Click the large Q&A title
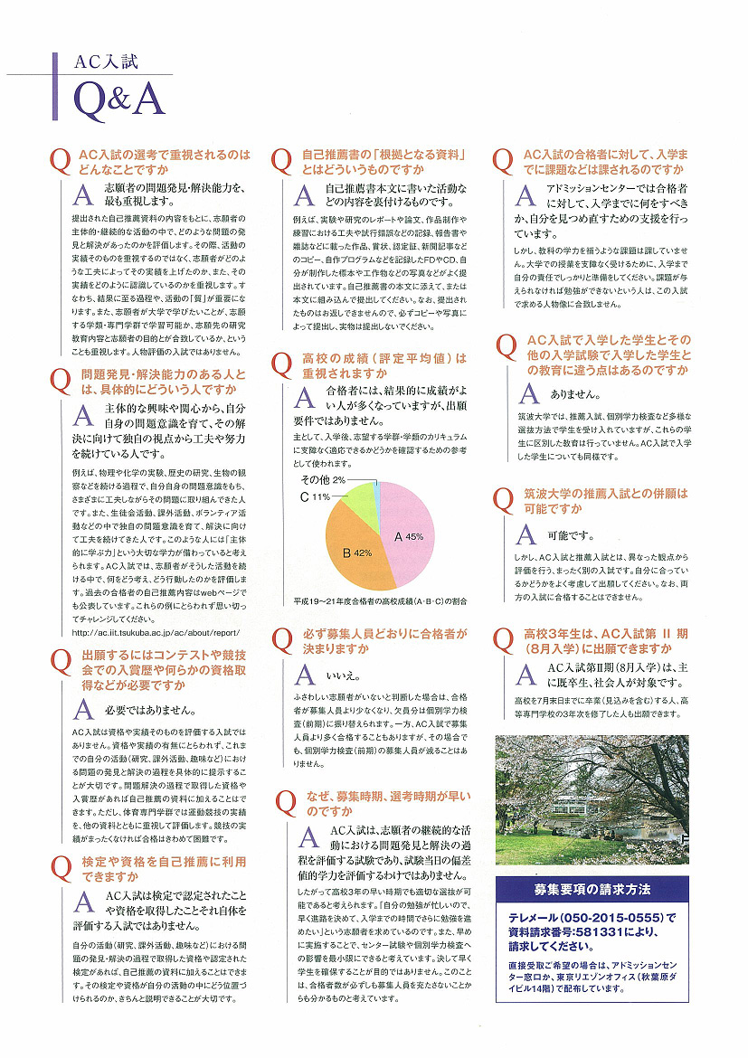point(119,97)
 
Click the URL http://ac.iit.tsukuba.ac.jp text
point(155,633)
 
